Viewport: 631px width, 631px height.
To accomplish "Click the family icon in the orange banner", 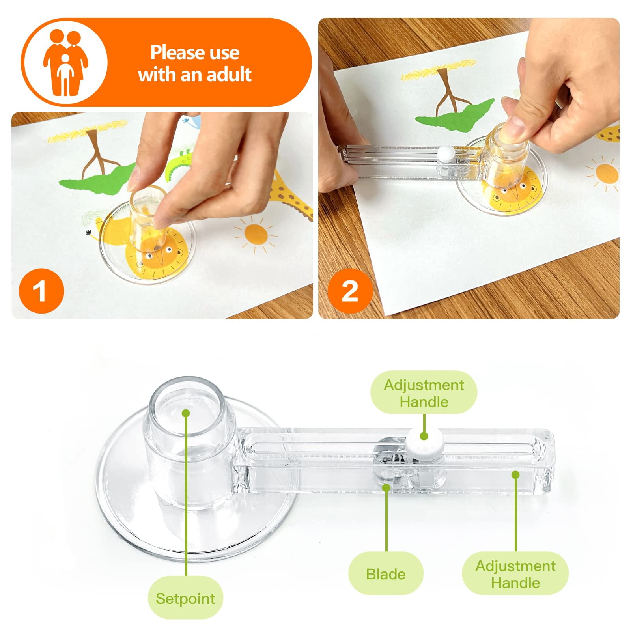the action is coord(65,62).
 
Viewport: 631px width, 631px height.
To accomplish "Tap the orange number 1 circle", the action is coord(41,291).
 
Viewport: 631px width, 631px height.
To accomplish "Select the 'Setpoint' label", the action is coord(185,598).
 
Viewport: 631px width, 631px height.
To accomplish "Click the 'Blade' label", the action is coord(386,574).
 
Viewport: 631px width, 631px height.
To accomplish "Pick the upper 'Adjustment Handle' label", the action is coord(424,393).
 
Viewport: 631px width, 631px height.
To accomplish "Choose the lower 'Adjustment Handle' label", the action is coord(515,574).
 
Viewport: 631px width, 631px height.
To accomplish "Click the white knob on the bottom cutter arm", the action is coord(424,442).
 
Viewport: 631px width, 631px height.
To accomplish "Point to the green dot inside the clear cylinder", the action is coord(186,413).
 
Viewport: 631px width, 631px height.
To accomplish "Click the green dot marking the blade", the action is coord(386,487).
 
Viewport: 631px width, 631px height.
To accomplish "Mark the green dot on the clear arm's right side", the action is coord(515,474).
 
